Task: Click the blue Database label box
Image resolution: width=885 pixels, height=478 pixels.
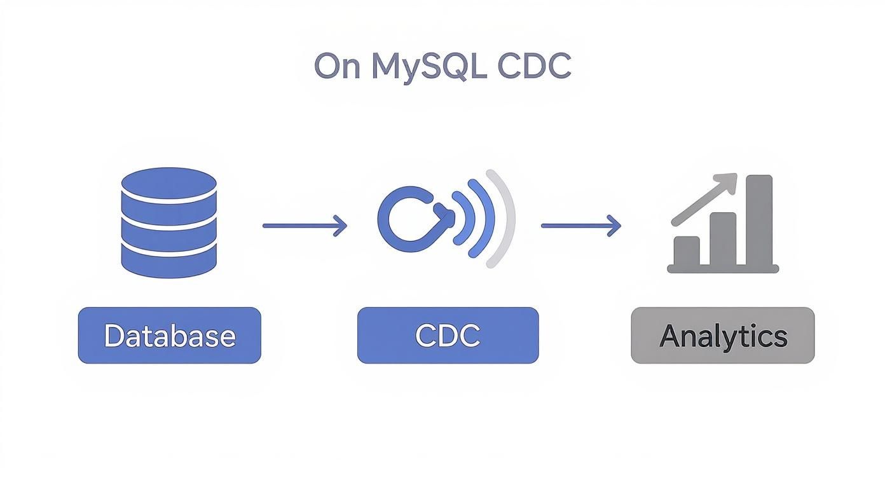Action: [169, 336]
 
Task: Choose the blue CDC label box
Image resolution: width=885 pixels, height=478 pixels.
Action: [448, 336]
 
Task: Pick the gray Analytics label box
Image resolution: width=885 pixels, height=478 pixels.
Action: [722, 336]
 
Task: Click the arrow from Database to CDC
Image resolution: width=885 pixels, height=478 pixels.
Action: [304, 226]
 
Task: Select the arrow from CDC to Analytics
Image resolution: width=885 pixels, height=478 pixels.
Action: [580, 226]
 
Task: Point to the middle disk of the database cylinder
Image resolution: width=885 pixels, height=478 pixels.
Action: [168, 222]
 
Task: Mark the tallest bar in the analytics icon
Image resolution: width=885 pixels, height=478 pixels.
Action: [758, 219]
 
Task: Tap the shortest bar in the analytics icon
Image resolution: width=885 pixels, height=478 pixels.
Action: [687, 250]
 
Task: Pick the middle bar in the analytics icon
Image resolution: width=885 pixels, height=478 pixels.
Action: [722, 238]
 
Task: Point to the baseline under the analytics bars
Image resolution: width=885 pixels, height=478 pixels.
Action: [722, 269]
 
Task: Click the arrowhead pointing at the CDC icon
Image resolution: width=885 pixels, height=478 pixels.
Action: [341, 226]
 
